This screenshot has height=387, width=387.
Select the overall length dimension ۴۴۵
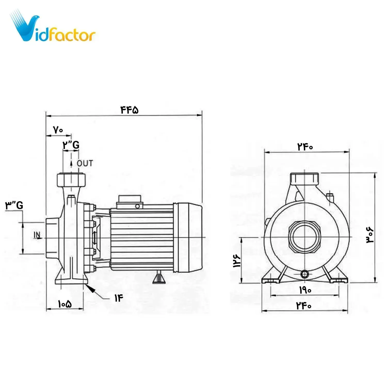click(130, 110)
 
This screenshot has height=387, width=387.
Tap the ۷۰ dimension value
click(58, 130)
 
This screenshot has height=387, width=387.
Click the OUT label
click(85, 163)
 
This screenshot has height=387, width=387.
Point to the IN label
click(37, 235)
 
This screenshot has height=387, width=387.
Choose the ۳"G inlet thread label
click(14, 205)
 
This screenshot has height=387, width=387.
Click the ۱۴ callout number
click(119, 298)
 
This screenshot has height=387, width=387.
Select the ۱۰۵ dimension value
click(64, 304)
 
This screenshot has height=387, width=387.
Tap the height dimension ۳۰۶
click(369, 235)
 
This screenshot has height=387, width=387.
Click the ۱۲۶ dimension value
click(237, 261)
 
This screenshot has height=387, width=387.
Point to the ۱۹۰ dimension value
click(305, 290)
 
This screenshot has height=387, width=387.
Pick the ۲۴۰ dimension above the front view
click(305, 147)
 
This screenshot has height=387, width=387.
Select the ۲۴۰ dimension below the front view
click(304, 306)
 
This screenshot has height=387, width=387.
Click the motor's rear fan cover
click(188, 237)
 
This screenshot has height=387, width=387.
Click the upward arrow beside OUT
click(71, 163)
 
